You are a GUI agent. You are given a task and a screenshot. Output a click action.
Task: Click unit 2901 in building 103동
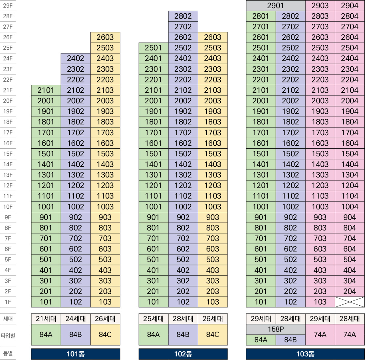(x=275, y=5)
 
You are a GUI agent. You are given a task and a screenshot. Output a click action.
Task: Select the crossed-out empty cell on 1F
(x=349, y=302)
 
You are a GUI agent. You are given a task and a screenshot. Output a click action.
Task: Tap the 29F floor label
(x=8, y=5)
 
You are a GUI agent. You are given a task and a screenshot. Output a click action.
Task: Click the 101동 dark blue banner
(x=75, y=354)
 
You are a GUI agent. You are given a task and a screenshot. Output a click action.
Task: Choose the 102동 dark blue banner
(x=183, y=354)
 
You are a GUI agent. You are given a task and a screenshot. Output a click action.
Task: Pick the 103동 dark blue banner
(x=305, y=354)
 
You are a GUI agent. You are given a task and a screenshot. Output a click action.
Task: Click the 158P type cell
(x=275, y=329)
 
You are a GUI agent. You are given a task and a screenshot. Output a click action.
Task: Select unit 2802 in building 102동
(x=183, y=16)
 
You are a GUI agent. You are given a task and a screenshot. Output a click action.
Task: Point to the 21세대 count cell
(x=46, y=319)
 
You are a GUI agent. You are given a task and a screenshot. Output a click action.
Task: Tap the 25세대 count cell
(x=153, y=319)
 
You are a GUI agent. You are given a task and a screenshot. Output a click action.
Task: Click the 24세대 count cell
(x=75, y=319)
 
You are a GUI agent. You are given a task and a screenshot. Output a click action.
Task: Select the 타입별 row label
(x=8, y=335)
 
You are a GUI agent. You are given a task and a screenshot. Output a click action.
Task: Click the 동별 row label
(x=8, y=354)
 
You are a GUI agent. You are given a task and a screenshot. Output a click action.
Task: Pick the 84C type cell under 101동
(x=105, y=334)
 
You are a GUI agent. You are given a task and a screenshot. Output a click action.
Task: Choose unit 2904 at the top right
(x=349, y=5)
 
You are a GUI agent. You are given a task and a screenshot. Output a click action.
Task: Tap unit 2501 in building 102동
(x=153, y=48)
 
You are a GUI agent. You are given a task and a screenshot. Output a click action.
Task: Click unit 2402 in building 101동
(x=75, y=58)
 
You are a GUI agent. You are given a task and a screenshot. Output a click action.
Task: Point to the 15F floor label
(x=8, y=154)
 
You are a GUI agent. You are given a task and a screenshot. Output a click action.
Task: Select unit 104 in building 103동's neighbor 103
(x=320, y=302)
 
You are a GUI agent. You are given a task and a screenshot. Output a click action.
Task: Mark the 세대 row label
(x=8, y=319)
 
